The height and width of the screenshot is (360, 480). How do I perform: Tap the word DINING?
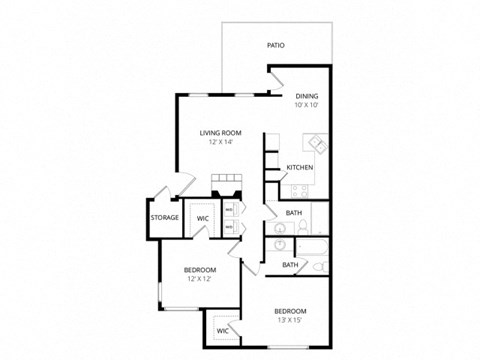(x=306, y=96)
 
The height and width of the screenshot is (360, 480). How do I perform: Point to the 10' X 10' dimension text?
(x=306, y=105)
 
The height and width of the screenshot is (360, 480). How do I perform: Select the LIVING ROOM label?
(x=220, y=133)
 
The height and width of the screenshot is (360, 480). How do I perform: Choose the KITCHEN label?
(x=300, y=167)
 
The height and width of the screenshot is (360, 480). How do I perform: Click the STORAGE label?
(x=165, y=217)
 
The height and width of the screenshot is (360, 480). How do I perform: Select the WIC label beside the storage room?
(x=202, y=217)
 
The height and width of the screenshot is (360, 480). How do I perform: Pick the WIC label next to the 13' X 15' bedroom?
(x=222, y=330)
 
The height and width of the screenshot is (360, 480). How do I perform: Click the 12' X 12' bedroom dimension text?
(x=201, y=279)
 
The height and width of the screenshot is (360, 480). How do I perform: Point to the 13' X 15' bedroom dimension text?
(x=292, y=321)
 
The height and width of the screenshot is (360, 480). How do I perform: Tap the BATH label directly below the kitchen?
(x=294, y=213)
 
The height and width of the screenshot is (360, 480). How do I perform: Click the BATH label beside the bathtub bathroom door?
(x=289, y=265)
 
